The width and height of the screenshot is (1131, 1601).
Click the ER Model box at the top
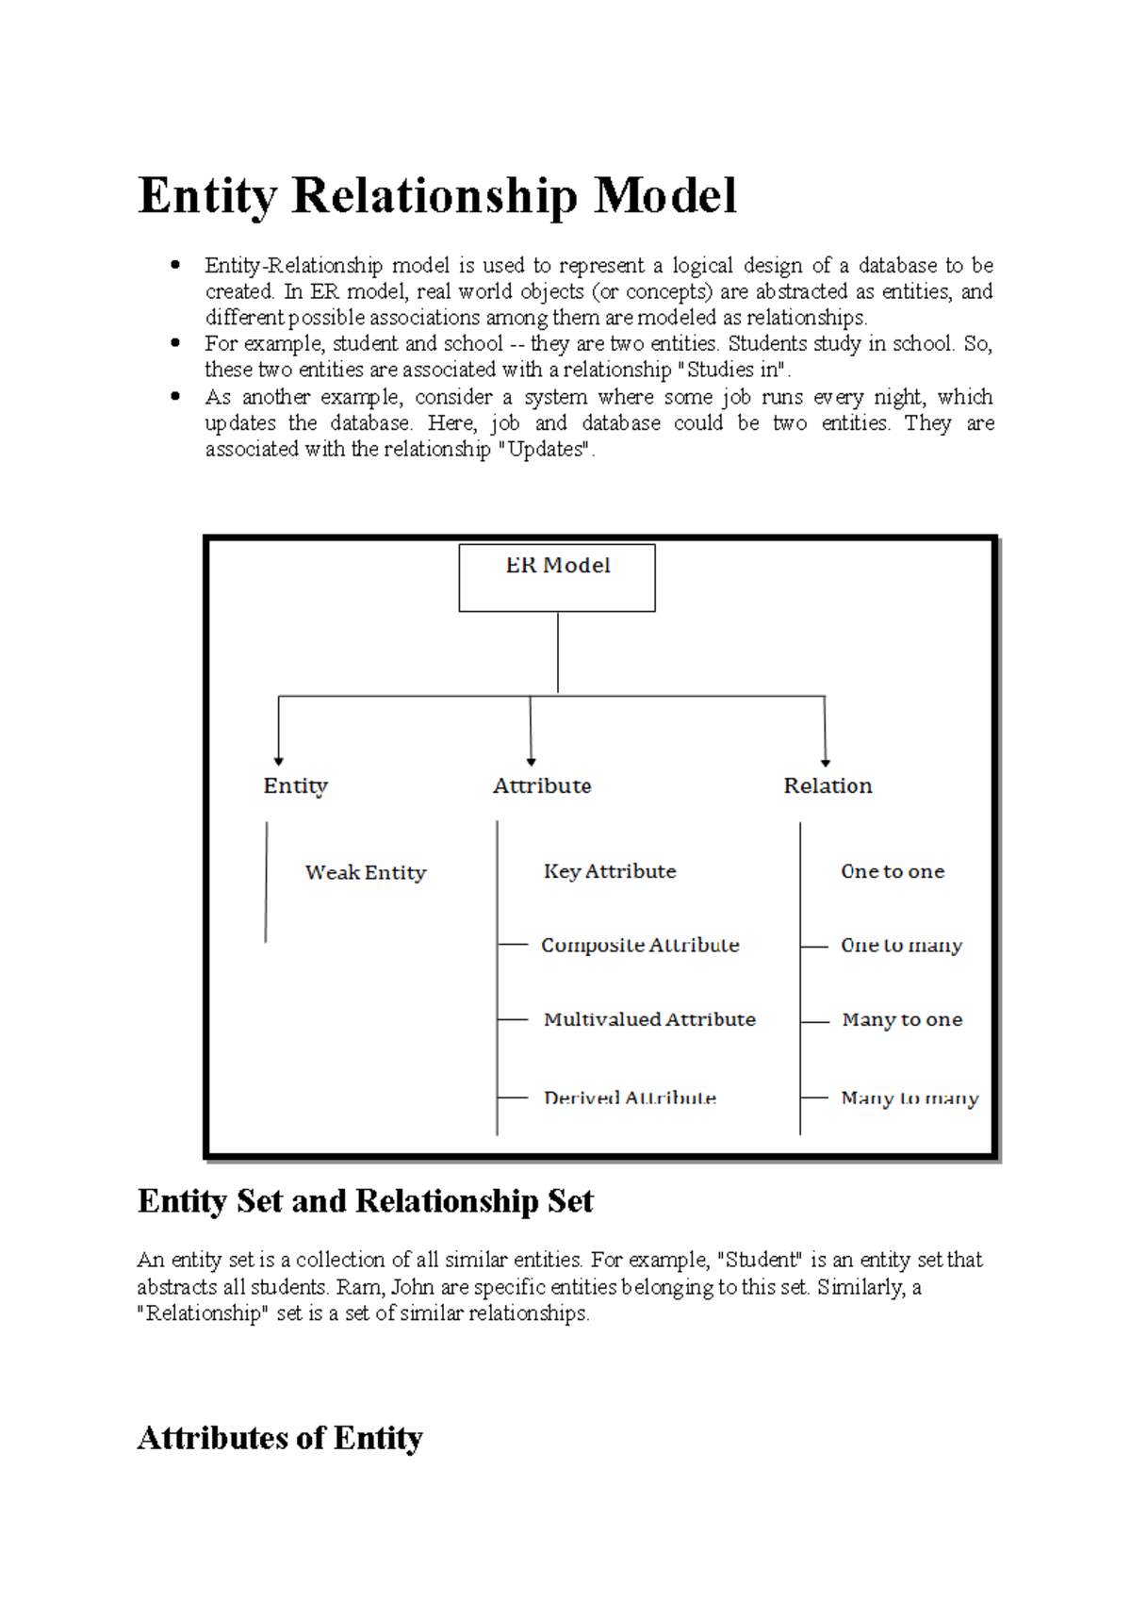click(x=557, y=577)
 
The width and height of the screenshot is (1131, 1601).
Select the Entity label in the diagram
click(x=295, y=785)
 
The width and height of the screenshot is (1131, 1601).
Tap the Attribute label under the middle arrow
click(x=542, y=785)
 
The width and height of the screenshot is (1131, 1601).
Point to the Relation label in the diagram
click(x=828, y=785)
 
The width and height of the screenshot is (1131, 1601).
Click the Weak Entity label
click(x=366, y=872)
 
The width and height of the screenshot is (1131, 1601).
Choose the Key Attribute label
click(x=610, y=871)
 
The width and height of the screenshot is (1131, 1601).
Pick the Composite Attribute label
click(x=640, y=945)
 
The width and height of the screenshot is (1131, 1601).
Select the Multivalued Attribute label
click(x=649, y=1019)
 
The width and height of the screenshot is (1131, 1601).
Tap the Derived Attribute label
click(x=630, y=1098)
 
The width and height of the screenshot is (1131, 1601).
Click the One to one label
click(x=893, y=871)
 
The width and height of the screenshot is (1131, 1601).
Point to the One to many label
click(x=901, y=945)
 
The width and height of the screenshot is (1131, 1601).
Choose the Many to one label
click(x=902, y=1019)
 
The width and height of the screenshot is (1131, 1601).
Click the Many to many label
click(x=910, y=1098)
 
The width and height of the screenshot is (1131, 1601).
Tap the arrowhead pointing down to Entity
click(x=279, y=760)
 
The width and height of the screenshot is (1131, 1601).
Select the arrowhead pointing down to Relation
click(x=826, y=761)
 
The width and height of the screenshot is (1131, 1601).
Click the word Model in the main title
click(x=664, y=196)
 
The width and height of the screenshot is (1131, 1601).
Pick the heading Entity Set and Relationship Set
click(x=365, y=1201)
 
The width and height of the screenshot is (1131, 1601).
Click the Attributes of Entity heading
click(x=280, y=1438)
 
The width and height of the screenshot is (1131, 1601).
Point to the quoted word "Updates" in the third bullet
click(x=544, y=450)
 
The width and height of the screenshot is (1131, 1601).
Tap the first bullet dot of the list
click(x=175, y=265)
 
